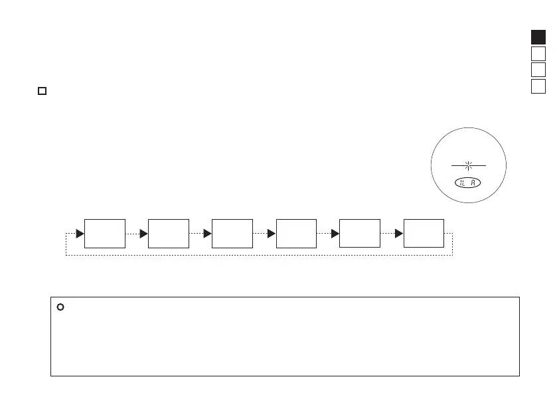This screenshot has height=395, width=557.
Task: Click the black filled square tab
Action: point(538,37)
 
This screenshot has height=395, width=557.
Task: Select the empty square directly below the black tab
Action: point(538,54)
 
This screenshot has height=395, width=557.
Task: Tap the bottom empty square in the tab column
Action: point(538,86)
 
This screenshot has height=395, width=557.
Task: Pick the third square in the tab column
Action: point(538,70)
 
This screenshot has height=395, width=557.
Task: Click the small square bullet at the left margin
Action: point(41,90)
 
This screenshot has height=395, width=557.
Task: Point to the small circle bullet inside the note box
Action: point(60,307)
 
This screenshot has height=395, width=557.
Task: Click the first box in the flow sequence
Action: point(106,233)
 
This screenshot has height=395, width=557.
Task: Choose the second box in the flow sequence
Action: point(169,233)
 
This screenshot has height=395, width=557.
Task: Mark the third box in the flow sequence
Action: point(232,233)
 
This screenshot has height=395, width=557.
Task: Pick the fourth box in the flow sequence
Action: point(296,233)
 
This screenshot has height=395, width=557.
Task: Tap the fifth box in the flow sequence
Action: point(360,233)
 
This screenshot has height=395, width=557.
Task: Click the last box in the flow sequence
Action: point(424,233)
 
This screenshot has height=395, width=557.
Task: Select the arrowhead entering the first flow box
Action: point(80,234)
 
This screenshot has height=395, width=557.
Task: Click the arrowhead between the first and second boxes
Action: point(144,234)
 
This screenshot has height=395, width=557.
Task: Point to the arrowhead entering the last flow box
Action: point(398,234)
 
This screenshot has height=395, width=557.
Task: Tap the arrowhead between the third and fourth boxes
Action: point(272,234)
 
